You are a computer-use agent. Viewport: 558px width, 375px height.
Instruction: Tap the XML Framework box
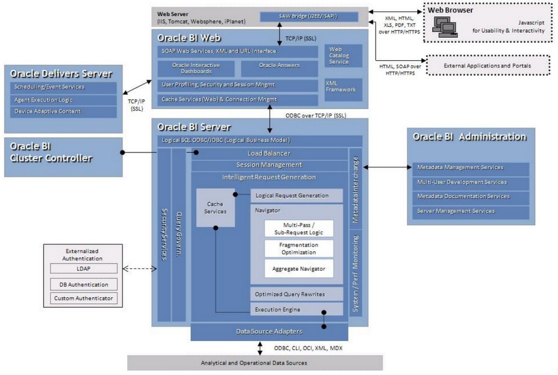tap(340, 86)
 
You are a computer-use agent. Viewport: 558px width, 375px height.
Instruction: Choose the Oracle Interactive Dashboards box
tap(195, 68)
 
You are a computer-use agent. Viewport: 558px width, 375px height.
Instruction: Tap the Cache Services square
tap(215, 208)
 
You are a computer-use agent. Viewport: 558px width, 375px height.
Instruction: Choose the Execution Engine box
tap(296, 309)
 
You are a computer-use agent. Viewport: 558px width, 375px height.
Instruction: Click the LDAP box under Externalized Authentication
tap(83, 268)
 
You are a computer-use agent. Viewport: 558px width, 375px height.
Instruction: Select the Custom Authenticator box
tap(83, 298)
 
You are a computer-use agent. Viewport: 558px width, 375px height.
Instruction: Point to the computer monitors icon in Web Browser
tap(446, 25)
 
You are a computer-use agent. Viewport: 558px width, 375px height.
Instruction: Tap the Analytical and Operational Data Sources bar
tap(255, 362)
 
